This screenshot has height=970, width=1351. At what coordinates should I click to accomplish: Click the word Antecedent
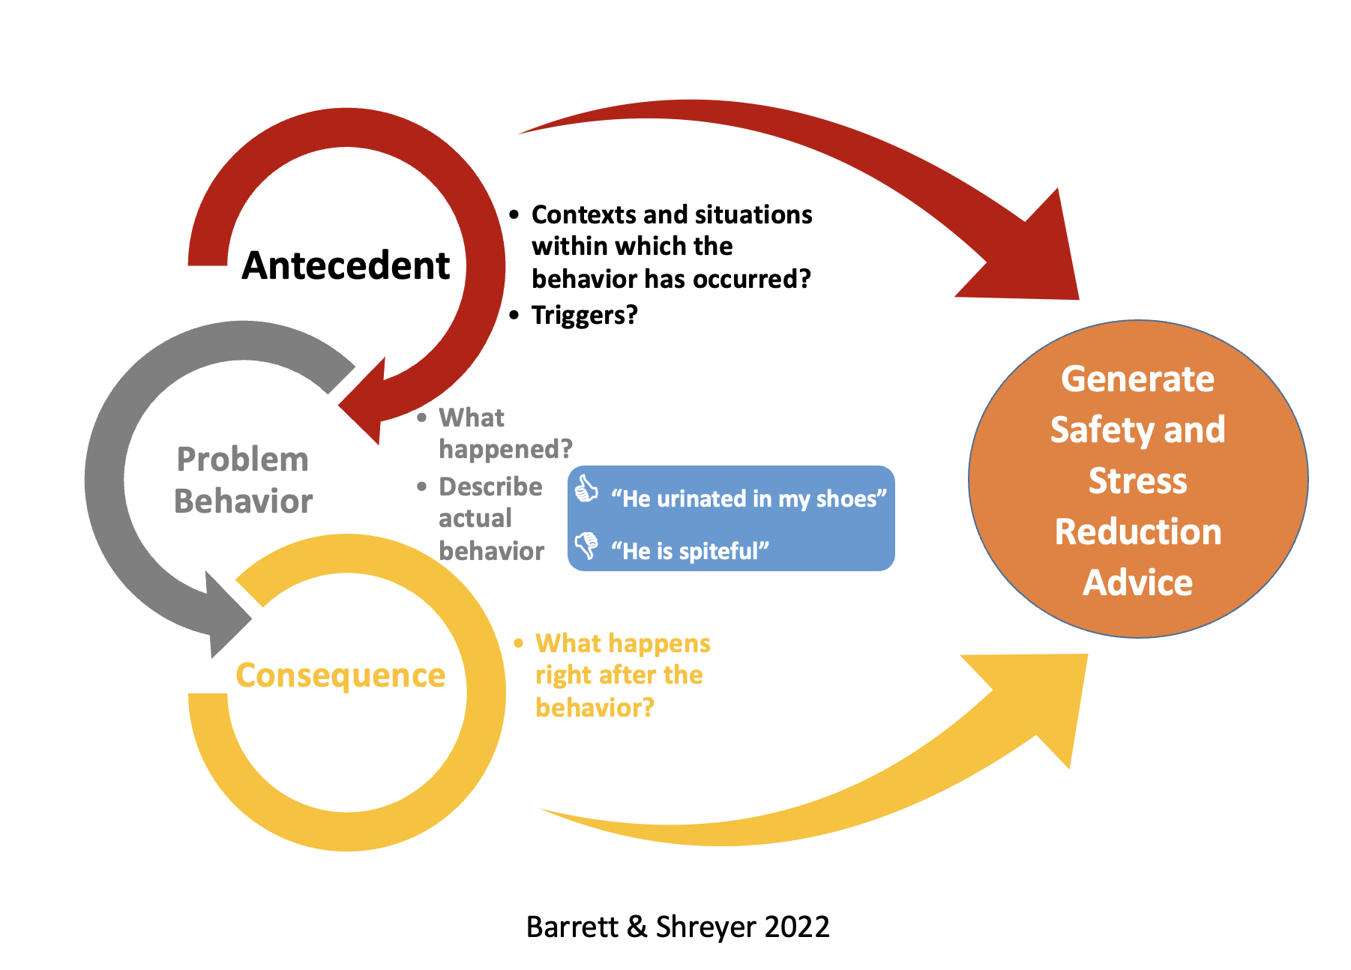[346, 265]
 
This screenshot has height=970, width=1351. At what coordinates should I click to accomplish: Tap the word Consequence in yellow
[340, 676]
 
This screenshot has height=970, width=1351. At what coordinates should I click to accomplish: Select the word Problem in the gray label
[242, 460]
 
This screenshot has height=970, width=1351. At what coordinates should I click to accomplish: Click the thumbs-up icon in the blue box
[586, 489]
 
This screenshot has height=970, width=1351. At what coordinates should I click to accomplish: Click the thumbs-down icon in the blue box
[586, 545]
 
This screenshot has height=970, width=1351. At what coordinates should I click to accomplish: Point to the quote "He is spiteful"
[690, 551]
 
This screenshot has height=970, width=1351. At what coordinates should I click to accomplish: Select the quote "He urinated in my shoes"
[748, 498]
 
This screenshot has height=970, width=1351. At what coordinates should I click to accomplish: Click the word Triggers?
[585, 316]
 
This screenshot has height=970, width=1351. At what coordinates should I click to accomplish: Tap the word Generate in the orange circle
[1137, 380]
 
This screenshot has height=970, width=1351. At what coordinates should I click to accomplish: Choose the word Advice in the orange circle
[1137, 582]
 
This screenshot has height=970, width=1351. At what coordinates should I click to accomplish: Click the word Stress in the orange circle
[1137, 481]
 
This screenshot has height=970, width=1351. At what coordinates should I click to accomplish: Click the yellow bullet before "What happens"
[518, 643]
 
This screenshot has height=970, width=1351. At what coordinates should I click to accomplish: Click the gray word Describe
[490, 487]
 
